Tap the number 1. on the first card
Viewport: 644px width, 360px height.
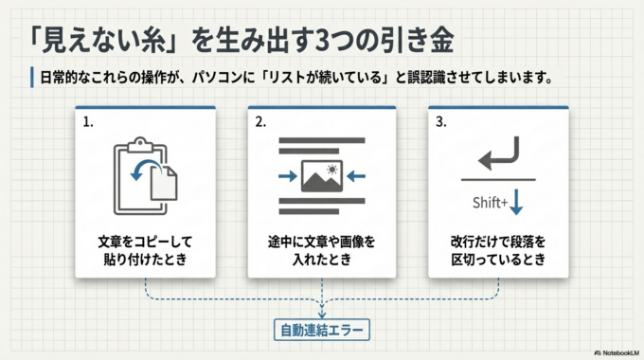point(88,123)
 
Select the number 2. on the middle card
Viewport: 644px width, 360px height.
point(260,123)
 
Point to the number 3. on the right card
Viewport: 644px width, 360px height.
point(440,123)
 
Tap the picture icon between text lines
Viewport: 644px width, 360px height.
point(322,175)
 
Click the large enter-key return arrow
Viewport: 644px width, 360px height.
point(498,153)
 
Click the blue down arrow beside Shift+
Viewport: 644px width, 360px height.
point(518,202)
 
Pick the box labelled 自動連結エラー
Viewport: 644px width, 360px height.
point(322,331)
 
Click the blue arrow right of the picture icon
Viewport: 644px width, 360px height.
point(358,175)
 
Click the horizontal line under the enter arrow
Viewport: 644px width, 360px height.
point(498,180)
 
